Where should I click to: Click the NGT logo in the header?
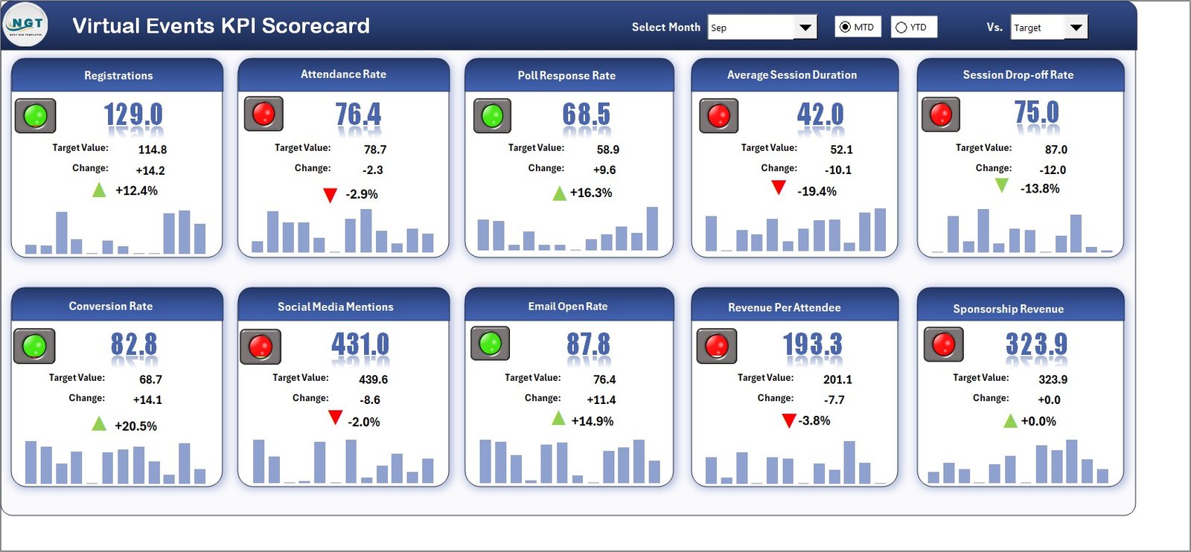pos(25,25)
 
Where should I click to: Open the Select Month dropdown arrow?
pos(805,28)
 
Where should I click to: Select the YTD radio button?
pos(901,28)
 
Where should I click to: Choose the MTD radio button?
pos(845,28)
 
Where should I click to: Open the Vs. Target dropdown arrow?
pos(1076,28)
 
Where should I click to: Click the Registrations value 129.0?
pos(132,115)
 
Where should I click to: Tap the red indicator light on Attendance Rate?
pos(264,114)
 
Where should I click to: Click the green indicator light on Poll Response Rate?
pos(492,116)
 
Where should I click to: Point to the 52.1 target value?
pos(841,150)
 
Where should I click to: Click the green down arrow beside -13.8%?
pos(1002,185)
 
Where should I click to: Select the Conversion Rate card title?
pos(110,307)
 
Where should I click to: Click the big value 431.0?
pos(360,344)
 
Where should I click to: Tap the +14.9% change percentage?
pos(593,421)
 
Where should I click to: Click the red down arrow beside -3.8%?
pos(789,421)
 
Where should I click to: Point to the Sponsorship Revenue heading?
pos(1008,309)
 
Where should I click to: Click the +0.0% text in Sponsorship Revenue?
pos(1038,421)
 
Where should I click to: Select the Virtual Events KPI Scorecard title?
pos(220,26)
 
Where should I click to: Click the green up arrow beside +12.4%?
pos(99,190)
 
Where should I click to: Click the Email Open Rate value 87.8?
pos(587,344)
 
